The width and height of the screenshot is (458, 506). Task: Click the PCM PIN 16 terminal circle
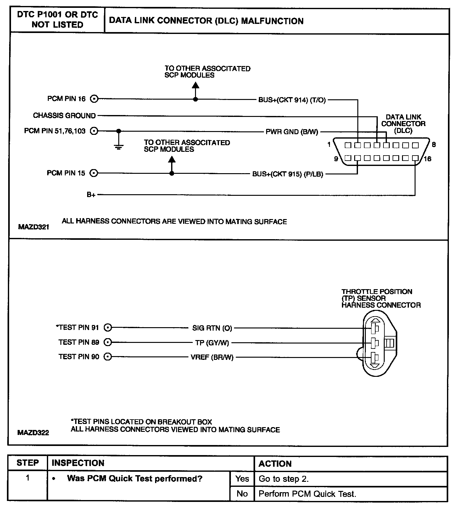click(x=94, y=99)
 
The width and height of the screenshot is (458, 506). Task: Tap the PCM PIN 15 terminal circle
click(x=94, y=173)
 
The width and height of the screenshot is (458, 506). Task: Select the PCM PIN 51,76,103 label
click(x=55, y=131)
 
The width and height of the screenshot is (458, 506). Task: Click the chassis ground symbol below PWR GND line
click(x=119, y=146)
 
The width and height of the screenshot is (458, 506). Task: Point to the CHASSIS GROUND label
click(x=64, y=116)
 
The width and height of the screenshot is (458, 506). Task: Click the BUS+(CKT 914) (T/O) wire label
click(x=292, y=100)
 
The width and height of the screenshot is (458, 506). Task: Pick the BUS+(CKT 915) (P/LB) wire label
click(x=288, y=174)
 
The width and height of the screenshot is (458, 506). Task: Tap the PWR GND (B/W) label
click(x=292, y=132)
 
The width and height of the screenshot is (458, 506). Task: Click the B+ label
click(x=91, y=195)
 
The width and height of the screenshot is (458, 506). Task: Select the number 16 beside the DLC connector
click(x=427, y=159)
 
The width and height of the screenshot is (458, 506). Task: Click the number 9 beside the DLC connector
click(x=336, y=159)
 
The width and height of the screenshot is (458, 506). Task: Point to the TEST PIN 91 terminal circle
click(x=108, y=328)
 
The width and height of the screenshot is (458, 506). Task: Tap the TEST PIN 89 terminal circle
click(x=108, y=342)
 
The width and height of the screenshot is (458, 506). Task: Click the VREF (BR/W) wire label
click(x=212, y=357)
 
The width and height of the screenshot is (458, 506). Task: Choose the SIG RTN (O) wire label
click(x=212, y=328)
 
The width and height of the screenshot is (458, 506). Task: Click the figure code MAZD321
click(x=34, y=227)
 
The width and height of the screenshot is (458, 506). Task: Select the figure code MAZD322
click(x=33, y=433)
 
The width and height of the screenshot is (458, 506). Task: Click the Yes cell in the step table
click(x=242, y=479)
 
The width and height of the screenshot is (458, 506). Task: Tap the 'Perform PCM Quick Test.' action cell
click(x=307, y=494)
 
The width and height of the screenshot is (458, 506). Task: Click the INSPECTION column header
click(x=78, y=463)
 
